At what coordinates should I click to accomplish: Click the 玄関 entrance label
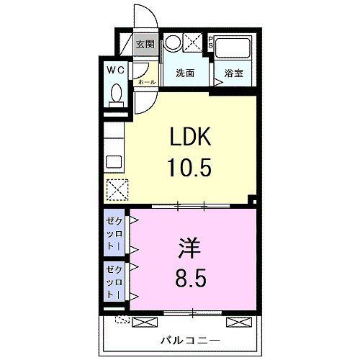coord(145,45)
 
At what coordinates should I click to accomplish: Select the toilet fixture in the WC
coord(115,94)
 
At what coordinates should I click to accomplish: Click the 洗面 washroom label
coord(185,73)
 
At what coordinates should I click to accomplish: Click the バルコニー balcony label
coord(181,340)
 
